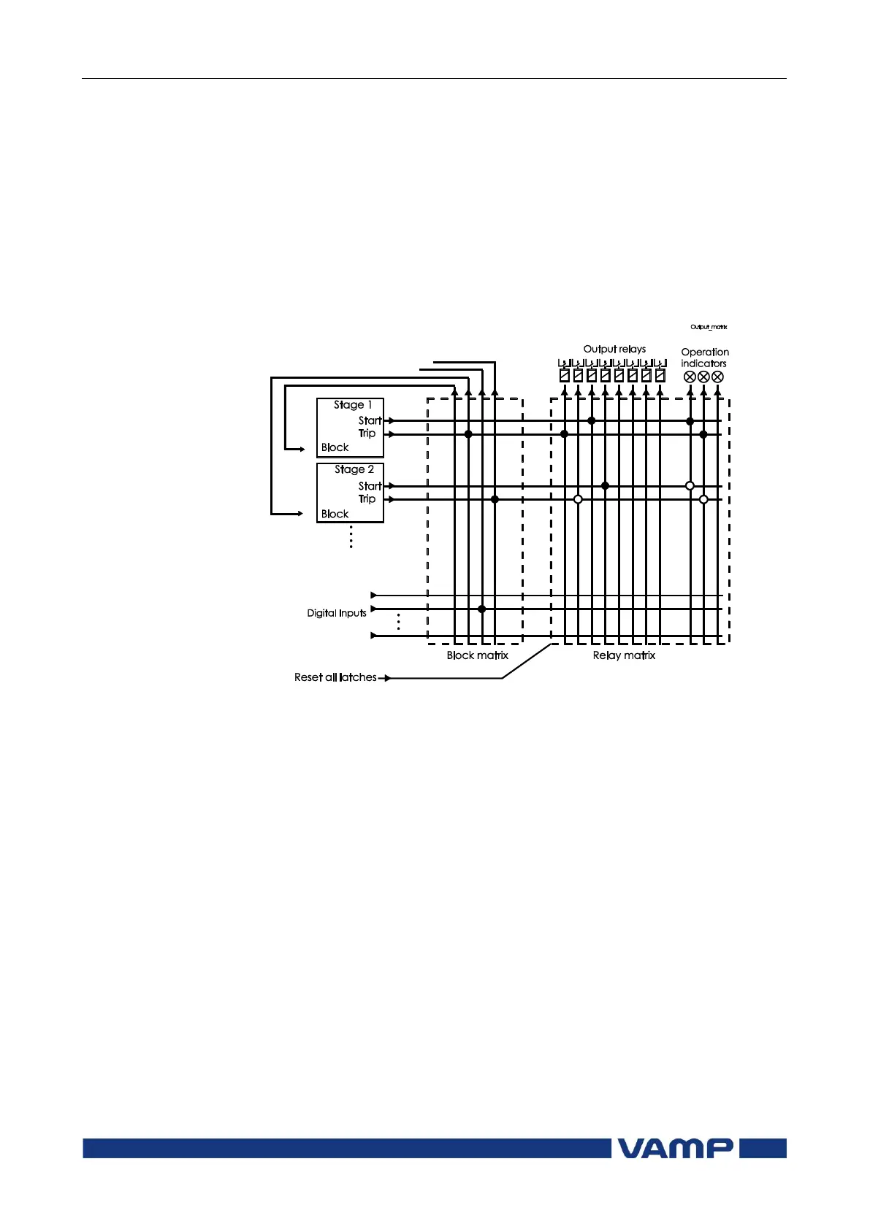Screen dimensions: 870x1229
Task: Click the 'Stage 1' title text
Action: (x=353, y=405)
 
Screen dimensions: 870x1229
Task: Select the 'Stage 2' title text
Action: (x=354, y=470)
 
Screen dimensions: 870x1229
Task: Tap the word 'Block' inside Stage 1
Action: (x=335, y=447)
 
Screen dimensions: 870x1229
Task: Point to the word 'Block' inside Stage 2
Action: (x=335, y=514)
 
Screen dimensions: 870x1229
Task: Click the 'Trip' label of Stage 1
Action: (x=367, y=434)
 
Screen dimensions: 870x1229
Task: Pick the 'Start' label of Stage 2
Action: (x=370, y=486)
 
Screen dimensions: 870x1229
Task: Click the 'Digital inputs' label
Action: (x=337, y=613)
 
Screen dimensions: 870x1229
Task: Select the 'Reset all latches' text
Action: (x=335, y=677)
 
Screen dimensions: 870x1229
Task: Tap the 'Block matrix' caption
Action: (x=478, y=655)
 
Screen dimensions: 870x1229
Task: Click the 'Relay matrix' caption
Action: (x=624, y=655)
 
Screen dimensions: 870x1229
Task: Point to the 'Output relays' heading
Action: (x=614, y=349)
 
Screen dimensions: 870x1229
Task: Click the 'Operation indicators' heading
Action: (x=704, y=358)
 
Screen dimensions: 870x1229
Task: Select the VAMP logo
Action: (x=675, y=1148)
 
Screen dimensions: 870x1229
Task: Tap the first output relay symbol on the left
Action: (x=564, y=376)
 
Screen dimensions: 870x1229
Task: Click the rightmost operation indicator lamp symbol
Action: (x=717, y=377)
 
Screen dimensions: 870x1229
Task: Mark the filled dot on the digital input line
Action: (x=481, y=609)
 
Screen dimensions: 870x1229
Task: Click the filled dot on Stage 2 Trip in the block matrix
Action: (x=495, y=499)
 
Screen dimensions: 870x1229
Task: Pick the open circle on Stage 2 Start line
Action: (x=690, y=485)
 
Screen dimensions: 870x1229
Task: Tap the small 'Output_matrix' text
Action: (x=709, y=327)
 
